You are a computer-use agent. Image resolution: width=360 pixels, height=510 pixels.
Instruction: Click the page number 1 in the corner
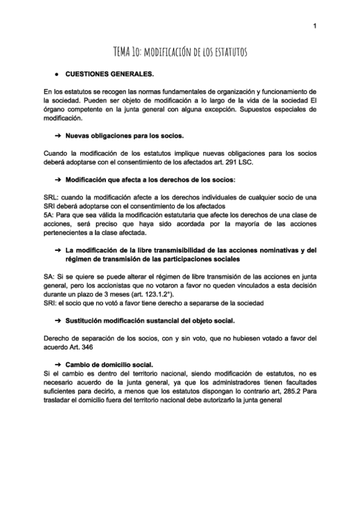coord(314,26)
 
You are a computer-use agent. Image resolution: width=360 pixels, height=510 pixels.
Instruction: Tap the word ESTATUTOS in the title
coord(227,53)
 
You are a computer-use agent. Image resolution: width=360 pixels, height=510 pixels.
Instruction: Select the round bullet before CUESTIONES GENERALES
coord(55,75)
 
